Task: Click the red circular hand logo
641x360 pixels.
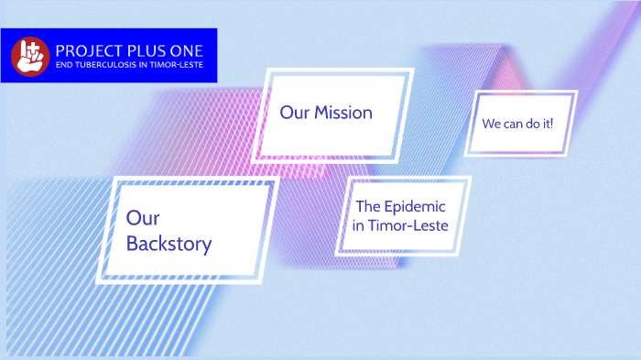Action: [x=30, y=57]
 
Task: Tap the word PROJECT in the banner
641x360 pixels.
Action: [x=90, y=51]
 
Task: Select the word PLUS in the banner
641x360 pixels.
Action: [x=147, y=51]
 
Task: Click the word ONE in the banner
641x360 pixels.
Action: [x=187, y=51]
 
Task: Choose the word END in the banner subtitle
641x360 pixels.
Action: [x=64, y=65]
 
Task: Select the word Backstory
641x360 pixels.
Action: [x=168, y=244]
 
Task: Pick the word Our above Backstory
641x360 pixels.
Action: [x=143, y=218]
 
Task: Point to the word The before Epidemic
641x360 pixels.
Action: [x=368, y=206]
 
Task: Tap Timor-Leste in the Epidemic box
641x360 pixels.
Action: [x=408, y=225]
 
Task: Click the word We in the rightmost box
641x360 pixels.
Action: [x=491, y=124]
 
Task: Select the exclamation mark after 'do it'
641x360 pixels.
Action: [x=551, y=123]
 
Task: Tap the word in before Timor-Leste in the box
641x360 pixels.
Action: [x=358, y=225]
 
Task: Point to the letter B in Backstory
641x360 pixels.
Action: [x=132, y=244]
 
